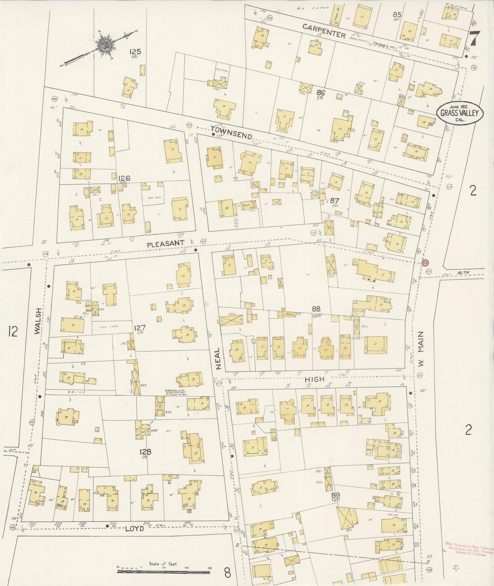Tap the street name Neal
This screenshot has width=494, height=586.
pos(218,360)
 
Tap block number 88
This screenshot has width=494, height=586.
pos(316,309)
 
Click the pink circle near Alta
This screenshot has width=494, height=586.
pos(425,263)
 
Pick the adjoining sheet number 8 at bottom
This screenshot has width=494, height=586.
pos(227,572)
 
